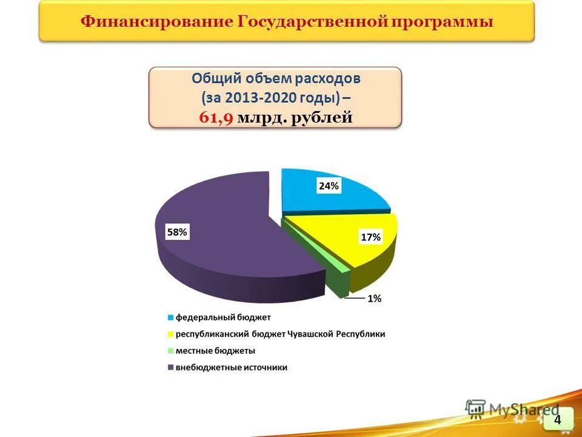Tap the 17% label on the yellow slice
[370, 237]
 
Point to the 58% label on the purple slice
[177, 231]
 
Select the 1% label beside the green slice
[374, 298]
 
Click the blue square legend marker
[171, 317]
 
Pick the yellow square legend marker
[171, 334]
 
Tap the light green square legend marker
[171, 351]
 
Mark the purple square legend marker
[171, 368]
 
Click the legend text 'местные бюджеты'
[215, 351]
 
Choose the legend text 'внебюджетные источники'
[232, 368]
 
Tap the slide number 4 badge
[558, 419]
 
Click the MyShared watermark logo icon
[476, 408]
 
